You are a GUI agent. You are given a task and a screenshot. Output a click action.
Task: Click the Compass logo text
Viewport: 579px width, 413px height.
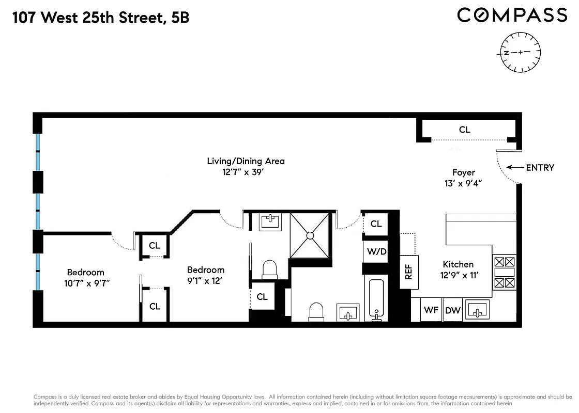pyautogui.click(x=512, y=15)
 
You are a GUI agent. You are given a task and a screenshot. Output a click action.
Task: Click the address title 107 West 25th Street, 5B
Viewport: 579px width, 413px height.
pyautogui.click(x=101, y=18)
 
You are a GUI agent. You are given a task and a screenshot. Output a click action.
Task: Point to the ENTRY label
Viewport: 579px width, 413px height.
pyautogui.click(x=540, y=167)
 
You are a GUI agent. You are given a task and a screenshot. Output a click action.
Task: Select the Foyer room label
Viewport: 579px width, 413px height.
pyautogui.click(x=463, y=172)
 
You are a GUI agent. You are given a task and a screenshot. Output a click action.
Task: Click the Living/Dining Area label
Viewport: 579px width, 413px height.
pyautogui.click(x=246, y=161)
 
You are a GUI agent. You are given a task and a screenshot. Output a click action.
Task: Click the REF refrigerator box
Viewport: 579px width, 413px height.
pyautogui.click(x=409, y=272)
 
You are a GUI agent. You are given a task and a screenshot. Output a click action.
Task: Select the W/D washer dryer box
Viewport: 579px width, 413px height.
pyautogui.click(x=377, y=251)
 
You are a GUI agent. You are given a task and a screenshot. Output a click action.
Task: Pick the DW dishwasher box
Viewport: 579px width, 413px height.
pyautogui.click(x=453, y=310)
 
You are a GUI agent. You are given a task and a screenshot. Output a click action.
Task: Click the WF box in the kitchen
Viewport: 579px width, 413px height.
pyautogui.click(x=431, y=310)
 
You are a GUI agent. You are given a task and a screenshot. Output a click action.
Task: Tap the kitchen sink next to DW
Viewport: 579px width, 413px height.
pyautogui.click(x=478, y=310)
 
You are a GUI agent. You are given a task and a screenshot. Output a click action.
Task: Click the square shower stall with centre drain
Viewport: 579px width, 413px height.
pyautogui.click(x=310, y=235)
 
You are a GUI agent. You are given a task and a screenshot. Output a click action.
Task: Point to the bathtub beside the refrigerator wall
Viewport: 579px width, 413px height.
pyautogui.click(x=377, y=300)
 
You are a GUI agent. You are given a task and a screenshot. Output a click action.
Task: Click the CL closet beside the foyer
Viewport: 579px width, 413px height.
pyautogui.click(x=465, y=130)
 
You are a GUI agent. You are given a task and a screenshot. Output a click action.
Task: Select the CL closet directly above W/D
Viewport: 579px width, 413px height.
pyautogui.click(x=376, y=224)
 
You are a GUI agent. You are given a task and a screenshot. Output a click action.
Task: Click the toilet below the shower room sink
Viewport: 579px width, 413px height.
pyautogui.click(x=270, y=269)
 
